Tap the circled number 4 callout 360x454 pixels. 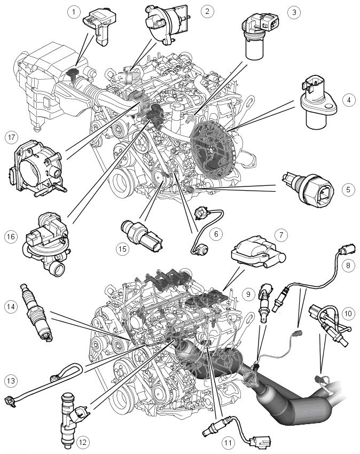348,100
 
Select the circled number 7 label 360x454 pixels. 281,235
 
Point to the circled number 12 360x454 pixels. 83,442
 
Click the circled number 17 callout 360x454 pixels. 12,137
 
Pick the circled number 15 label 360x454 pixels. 122,249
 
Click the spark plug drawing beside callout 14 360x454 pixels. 36,311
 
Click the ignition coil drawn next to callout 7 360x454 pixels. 257,254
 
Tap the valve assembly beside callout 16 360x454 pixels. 45,241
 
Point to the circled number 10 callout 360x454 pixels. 348,314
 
